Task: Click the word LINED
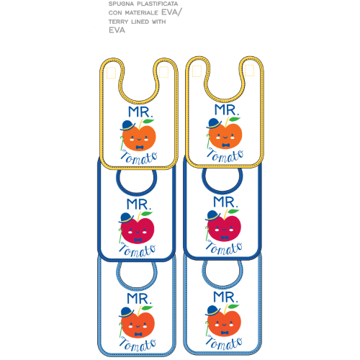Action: [140, 22]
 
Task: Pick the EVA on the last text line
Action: [117, 30]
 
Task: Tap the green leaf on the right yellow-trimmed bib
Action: [234, 120]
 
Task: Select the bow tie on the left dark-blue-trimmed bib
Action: [138, 240]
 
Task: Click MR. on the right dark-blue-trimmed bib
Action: [226, 202]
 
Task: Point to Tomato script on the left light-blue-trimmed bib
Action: [138, 344]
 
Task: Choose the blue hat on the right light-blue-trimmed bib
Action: [213, 310]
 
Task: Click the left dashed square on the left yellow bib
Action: [111, 73]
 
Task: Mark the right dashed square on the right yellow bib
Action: [249, 71]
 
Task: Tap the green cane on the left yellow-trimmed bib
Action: [122, 143]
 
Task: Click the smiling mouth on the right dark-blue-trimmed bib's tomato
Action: [224, 230]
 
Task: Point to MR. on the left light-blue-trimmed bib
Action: [139, 298]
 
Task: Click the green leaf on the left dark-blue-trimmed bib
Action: [146, 214]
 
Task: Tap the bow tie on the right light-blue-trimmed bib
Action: [225, 333]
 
